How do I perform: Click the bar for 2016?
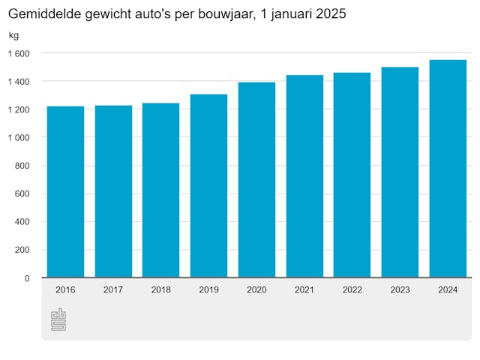coord(65,192)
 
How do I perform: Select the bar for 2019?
coord(208,186)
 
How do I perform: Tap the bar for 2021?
coord(304,176)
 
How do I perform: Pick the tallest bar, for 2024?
coord(448,169)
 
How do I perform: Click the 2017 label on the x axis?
coord(113,289)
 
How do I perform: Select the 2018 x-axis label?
coord(161,289)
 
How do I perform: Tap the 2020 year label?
coord(256,289)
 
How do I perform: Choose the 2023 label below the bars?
coord(400,289)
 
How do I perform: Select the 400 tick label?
coord(22,222)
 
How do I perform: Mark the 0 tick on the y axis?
coord(27,278)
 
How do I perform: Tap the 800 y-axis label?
coord(22,166)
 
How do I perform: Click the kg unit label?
coord(14,36)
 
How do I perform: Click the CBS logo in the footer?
coord(58,319)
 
